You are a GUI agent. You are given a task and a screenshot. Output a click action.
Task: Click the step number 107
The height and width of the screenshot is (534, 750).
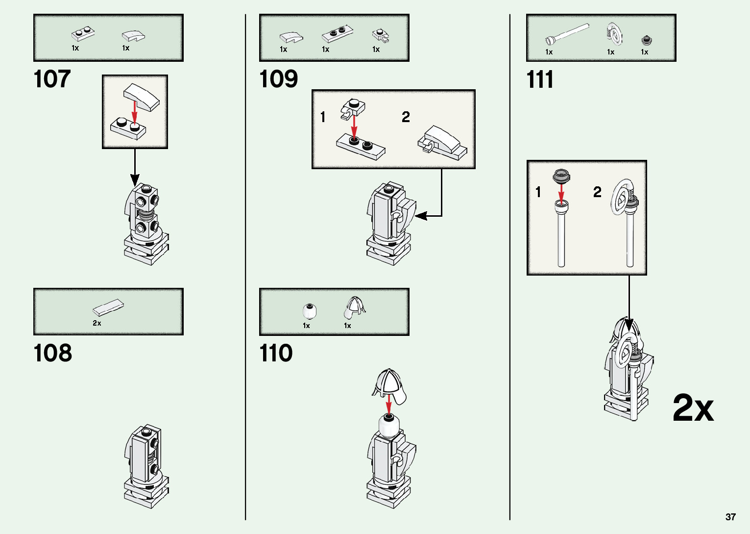point(52,79)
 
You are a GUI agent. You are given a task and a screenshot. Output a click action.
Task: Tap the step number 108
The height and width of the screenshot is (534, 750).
point(52,353)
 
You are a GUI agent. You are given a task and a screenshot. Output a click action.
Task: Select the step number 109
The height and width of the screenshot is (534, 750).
point(278,79)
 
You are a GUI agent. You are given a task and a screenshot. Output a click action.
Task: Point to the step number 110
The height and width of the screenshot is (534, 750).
point(276,353)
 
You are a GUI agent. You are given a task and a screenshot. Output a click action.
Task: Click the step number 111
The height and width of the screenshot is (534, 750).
point(539,79)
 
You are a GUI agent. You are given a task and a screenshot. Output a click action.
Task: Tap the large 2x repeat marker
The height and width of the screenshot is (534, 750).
point(693,408)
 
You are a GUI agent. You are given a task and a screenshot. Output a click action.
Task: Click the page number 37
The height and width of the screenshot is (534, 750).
point(730,517)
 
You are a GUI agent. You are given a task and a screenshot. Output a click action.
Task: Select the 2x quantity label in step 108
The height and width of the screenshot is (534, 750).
point(97,323)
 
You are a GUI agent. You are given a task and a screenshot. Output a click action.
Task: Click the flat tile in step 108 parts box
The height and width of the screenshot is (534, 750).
point(108,307)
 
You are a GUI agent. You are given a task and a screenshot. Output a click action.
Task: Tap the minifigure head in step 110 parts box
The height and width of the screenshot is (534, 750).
point(310,311)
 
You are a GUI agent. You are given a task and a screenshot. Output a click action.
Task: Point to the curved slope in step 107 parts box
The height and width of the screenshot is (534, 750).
point(133,35)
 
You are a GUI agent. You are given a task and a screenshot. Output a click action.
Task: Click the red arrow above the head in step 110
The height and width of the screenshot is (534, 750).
point(388,405)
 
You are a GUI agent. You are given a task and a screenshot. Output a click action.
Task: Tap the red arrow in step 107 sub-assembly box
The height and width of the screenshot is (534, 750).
point(135,112)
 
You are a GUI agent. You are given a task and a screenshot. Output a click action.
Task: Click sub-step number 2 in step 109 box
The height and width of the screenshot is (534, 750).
point(406,117)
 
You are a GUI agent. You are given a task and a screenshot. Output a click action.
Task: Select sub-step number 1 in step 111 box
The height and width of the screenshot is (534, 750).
point(538,192)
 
